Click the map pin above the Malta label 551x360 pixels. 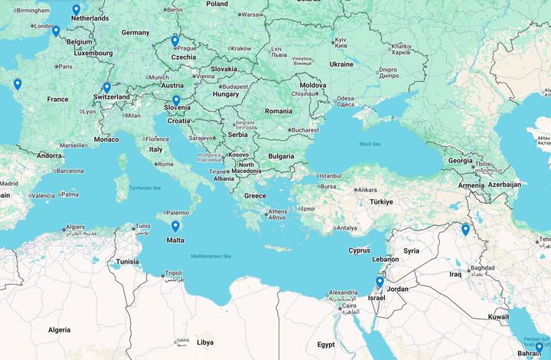coord(175,227)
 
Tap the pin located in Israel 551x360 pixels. coord(380,283)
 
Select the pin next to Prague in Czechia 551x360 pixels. coord(174,41)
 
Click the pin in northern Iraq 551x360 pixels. coord(465,229)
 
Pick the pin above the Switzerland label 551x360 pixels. coord(106,88)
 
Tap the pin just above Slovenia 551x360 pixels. coord(176,100)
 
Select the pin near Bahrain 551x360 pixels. coord(539,349)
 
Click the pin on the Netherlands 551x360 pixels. coord(76,10)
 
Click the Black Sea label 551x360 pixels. coord(370,143)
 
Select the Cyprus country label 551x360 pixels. coord(360,250)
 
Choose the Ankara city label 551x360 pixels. coord(367,189)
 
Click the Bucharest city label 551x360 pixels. coord(304,130)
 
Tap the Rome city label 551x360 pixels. coord(165,164)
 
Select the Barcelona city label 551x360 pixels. coord(69,171)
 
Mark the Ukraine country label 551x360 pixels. coord(341,64)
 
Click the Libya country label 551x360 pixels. coord(205,342)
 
